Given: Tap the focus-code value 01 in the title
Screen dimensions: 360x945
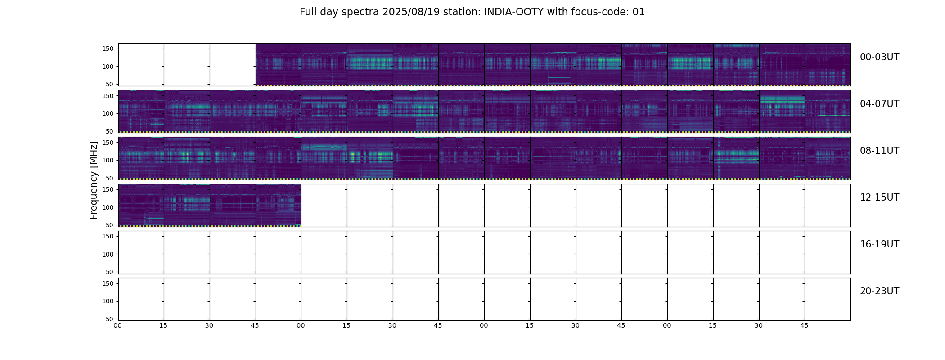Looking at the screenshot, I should [x=639, y=12].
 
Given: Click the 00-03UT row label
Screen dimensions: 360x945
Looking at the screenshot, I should [x=879, y=57].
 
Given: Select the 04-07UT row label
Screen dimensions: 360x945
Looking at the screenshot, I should [x=879, y=104].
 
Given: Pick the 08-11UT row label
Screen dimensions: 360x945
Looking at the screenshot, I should [x=879, y=151].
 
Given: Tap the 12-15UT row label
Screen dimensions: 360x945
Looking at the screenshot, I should [x=879, y=198].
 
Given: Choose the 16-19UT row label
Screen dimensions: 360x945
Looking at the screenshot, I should [x=879, y=244].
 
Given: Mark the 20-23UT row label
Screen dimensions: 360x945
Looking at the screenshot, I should [x=879, y=291].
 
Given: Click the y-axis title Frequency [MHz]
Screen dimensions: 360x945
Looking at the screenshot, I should [x=94, y=180].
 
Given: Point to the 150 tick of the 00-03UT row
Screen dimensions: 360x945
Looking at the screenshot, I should [x=108, y=49].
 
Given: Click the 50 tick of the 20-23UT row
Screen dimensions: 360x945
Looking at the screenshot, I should [x=110, y=319].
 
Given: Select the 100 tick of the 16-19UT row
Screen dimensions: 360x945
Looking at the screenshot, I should [x=108, y=254].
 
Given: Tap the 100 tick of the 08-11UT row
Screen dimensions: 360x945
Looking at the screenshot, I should [x=108, y=160].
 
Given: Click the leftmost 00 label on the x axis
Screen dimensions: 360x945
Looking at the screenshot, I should [x=118, y=325].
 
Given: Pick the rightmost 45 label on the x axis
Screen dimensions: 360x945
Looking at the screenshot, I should [x=804, y=325].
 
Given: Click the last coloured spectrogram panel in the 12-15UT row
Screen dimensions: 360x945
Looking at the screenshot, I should [x=279, y=205].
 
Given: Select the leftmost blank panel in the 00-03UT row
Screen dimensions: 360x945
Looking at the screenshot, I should [x=141, y=64].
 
